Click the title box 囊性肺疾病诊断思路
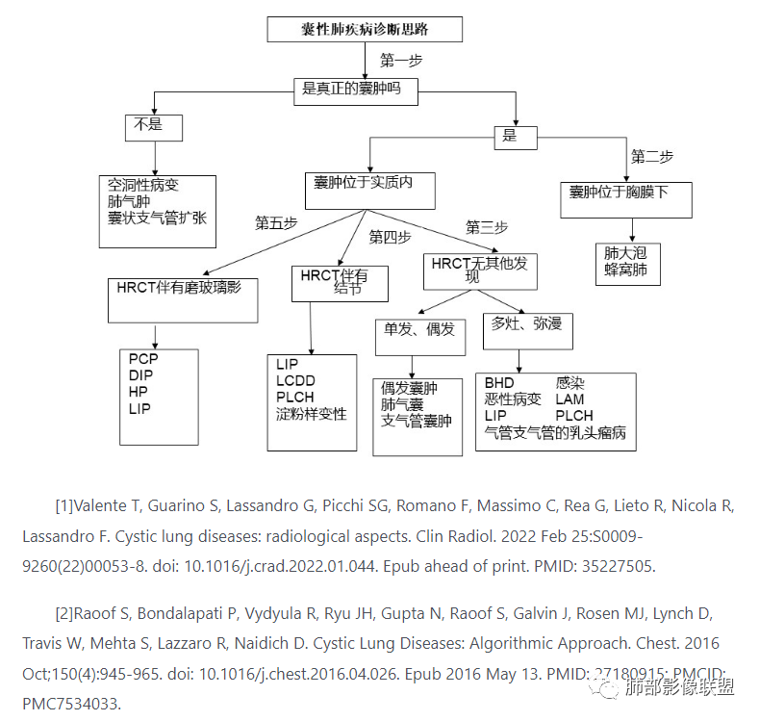point(364,29)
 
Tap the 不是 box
point(153,125)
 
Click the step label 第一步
point(400,61)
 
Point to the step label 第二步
point(651,156)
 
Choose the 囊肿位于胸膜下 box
point(625,198)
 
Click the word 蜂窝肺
point(626,270)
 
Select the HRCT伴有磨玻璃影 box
point(183,299)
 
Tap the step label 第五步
point(275,222)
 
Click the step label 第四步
point(390,237)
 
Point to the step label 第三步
point(486,227)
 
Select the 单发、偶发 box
point(419,334)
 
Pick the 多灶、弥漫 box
point(527,327)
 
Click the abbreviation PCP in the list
point(143,359)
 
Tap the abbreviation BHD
point(499,383)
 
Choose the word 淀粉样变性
point(311,414)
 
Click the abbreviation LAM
point(569,399)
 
